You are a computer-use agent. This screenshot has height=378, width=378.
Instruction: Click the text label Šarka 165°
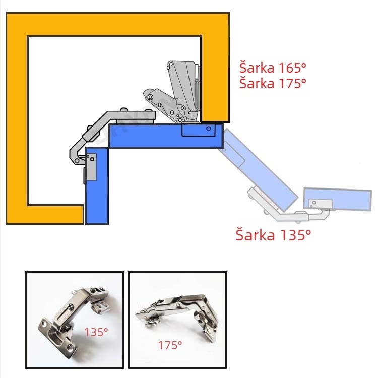click(x=273, y=68)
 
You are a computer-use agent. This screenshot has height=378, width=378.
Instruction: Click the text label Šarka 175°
click(x=273, y=83)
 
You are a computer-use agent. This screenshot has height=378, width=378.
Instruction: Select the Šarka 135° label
click(x=273, y=234)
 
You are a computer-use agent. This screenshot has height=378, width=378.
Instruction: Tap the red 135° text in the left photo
click(x=96, y=332)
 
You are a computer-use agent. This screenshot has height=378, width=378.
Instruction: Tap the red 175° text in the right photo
click(x=170, y=345)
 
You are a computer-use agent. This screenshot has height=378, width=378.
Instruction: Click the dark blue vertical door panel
click(x=97, y=186)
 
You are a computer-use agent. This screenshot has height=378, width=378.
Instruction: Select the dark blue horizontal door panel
click(x=166, y=136)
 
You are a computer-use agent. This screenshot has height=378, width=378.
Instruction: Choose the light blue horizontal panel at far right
click(x=338, y=199)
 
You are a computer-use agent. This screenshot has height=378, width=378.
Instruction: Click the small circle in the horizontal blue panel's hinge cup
click(x=209, y=129)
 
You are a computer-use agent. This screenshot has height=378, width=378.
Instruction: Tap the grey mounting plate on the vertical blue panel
click(x=91, y=167)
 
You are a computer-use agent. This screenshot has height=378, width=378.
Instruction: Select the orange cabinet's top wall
click(x=118, y=24)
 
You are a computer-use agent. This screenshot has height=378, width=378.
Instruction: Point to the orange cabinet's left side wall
click(x=17, y=118)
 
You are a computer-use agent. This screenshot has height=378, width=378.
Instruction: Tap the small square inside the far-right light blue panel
click(x=314, y=203)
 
